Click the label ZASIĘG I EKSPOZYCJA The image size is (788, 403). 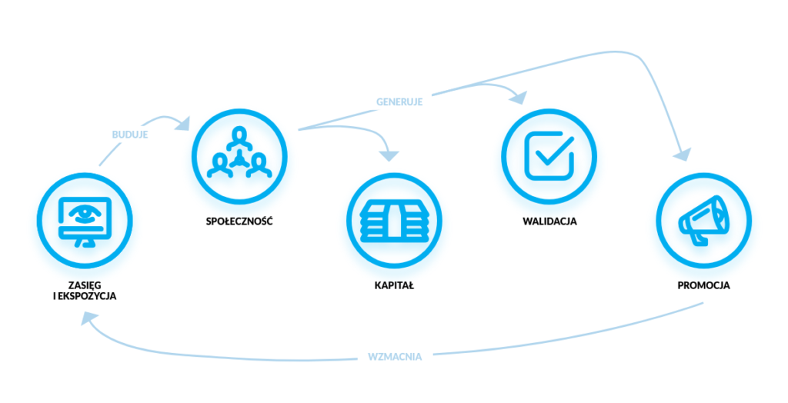coord(84,290)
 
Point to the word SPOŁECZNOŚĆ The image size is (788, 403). coord(239,221)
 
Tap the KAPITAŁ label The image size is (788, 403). coord(394,285)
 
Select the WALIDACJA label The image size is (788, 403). coord(549,221)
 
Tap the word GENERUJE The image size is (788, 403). coord(399,101)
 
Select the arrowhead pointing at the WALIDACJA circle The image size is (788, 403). coord(519,98)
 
